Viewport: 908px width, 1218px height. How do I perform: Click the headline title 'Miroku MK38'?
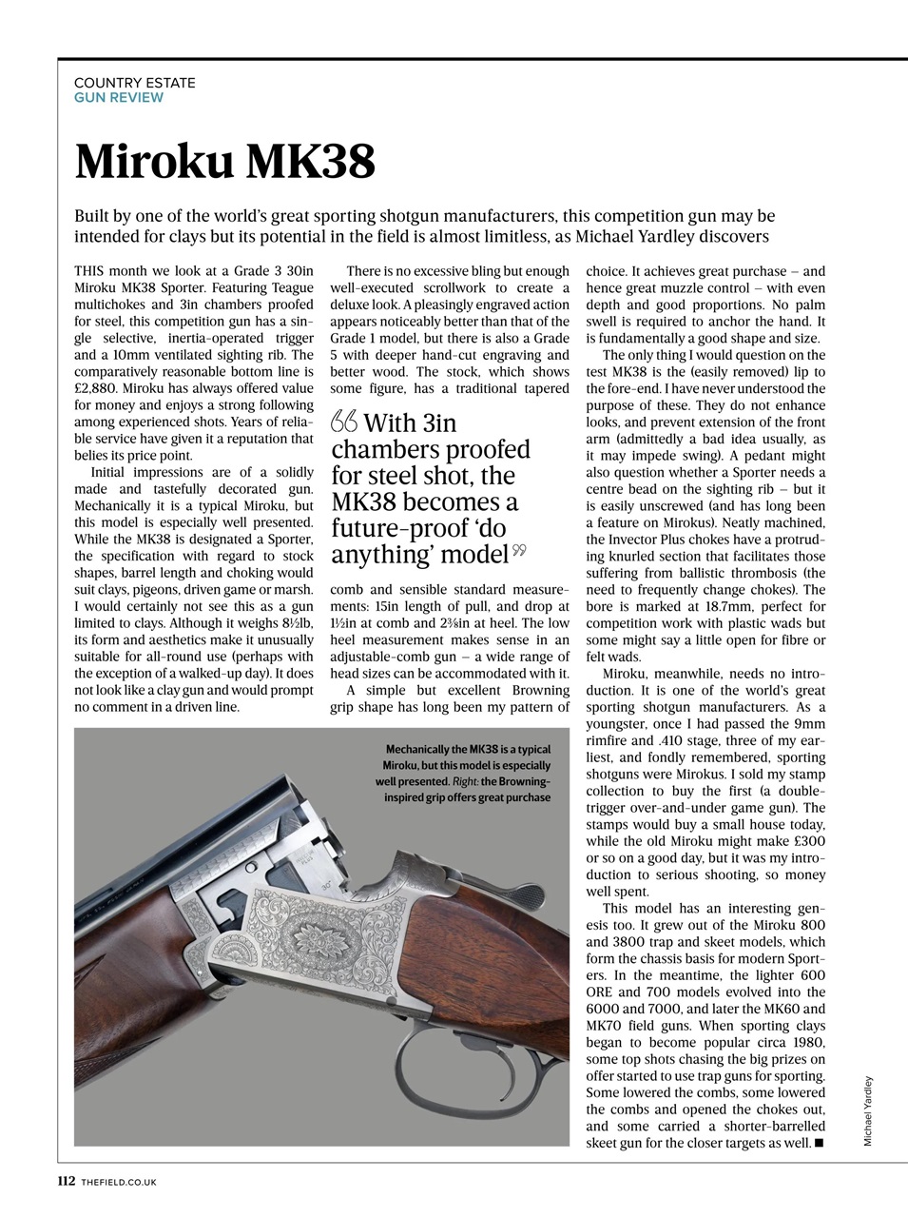[225, 163]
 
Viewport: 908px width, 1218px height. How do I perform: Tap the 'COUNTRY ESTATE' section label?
[135, 83]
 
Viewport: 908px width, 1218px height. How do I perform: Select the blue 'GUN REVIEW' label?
[119, 97]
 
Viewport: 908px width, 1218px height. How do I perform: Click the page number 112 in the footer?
[66, 1181]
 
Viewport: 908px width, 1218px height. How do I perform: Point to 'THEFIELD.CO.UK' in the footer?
[119, 1182]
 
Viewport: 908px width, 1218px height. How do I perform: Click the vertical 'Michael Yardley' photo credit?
[868, 1110]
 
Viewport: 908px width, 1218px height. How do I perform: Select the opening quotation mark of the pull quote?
[343, 422]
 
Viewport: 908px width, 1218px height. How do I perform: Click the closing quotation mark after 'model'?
[519, 550]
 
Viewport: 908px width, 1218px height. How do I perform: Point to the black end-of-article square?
[820, 1143]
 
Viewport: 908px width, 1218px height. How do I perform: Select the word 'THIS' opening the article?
[91, 271]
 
